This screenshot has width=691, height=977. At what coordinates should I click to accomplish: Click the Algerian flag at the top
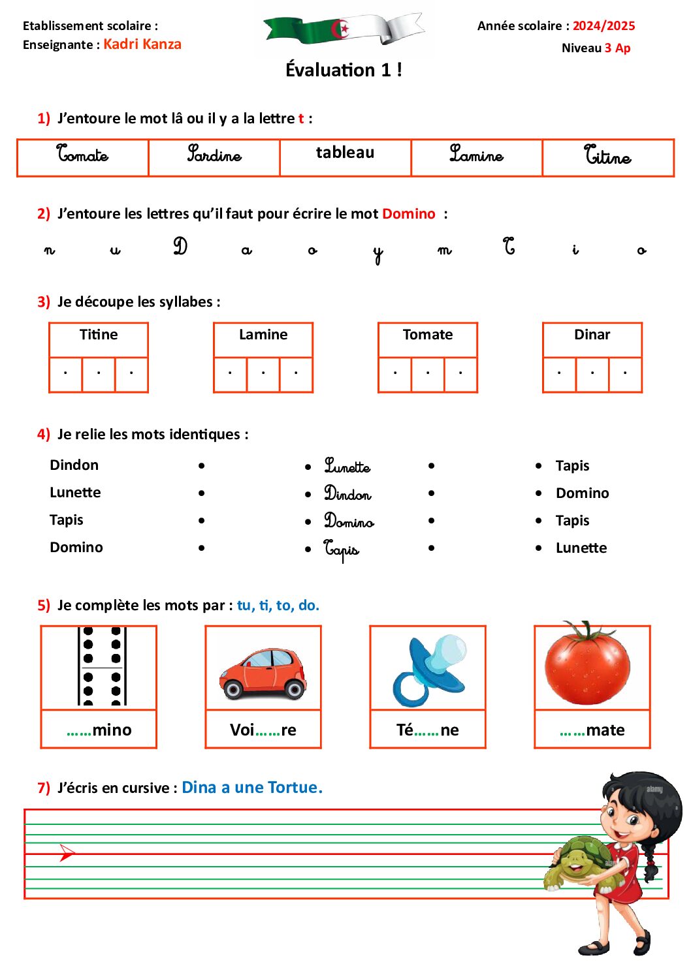[x=344, y=30]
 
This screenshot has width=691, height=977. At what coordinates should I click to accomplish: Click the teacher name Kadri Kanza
[x=142, y=44]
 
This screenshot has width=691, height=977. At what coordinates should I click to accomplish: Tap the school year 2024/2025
[x=603, y=26]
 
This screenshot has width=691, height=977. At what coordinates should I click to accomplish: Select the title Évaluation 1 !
[x=344, y=70]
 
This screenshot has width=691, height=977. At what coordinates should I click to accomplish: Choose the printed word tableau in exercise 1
[x=345, y=153]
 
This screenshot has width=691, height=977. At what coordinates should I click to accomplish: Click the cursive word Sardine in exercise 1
[x=214, y=155]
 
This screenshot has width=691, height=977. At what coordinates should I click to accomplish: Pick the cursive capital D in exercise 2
[x=180, y=247]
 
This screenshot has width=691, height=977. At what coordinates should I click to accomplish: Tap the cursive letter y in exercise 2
[x=378, y=254]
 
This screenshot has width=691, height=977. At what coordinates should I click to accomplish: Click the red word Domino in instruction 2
[x=409, y=214]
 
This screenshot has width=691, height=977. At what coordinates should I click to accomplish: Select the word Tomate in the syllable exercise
[x=427, y=335]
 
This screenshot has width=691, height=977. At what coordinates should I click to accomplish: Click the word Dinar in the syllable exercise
[x=592, y=335]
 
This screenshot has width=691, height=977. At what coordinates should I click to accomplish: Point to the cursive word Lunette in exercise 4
[x=347, y=466]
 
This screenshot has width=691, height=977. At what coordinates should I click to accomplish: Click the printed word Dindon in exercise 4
[x=74, y=465]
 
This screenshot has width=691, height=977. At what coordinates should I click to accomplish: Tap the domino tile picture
[x=101, y=666]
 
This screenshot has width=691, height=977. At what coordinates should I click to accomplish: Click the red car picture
[x=263, y=674]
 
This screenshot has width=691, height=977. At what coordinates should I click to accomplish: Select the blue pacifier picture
[x=428, y=670]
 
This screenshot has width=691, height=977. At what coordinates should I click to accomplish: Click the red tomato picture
[x=588, y=665]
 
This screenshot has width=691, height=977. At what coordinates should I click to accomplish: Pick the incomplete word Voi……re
[x=263, y=730]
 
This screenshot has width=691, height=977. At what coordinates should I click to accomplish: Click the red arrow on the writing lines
[x=67, y=852]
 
